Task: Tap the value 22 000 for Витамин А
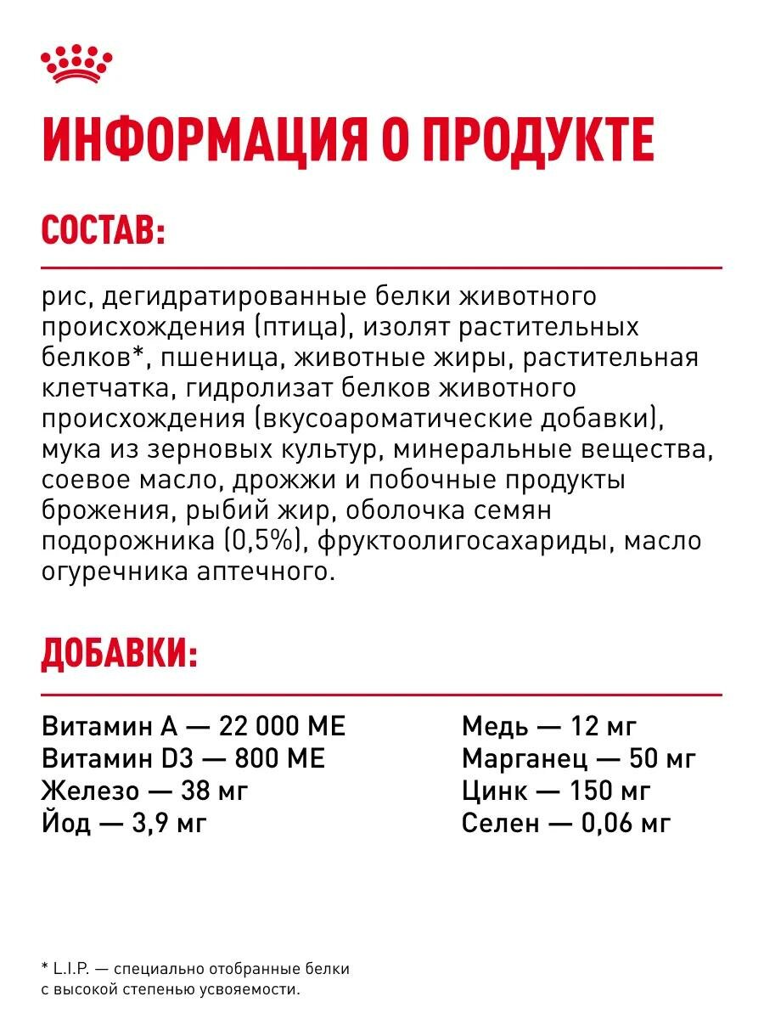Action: coord(256,727)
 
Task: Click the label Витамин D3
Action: coord(110,758)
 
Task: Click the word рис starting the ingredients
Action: coord(61,297)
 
